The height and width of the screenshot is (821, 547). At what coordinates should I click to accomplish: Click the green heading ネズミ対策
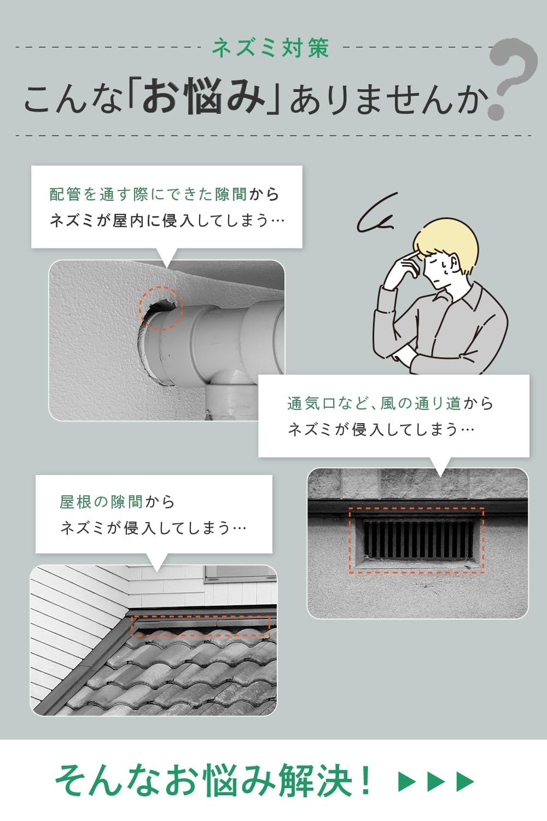271,48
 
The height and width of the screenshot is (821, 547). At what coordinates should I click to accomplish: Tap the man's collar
463,297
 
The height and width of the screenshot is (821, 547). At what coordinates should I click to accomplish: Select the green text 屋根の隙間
101,502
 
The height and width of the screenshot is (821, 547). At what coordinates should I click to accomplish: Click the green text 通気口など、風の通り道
374,403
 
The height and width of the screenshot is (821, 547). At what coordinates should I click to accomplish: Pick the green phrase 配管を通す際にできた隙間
148,194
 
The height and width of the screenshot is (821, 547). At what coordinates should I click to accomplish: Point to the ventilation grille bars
418,539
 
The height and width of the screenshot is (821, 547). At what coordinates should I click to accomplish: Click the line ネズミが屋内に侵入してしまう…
167,221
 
